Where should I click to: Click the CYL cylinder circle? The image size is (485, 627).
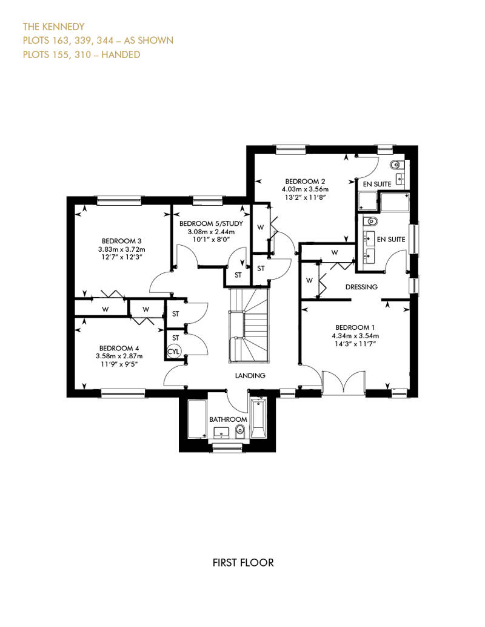point(174,352)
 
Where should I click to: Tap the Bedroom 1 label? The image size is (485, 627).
point(355,327)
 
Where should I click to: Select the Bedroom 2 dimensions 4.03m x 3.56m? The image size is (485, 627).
point(305,189)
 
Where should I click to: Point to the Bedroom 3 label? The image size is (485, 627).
point(121,241)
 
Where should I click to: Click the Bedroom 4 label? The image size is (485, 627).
point(119,348)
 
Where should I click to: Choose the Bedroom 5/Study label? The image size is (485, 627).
point(211,223)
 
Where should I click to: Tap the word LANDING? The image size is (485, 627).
point(250,375)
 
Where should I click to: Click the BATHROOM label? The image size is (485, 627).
point(229,419)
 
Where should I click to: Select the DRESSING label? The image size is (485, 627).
point(361,287)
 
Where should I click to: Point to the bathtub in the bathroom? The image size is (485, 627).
point(258,418)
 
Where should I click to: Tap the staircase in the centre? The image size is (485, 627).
point(249,325)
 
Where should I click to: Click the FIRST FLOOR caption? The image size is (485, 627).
point(243,563)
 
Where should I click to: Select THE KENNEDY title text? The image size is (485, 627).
point(54,27)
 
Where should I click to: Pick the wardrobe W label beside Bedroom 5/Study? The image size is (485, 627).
point(261,228)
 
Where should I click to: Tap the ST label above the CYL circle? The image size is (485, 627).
point(175,338)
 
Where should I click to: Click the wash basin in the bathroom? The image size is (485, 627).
point(221,433)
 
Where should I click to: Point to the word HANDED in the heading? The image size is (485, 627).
point(121,54)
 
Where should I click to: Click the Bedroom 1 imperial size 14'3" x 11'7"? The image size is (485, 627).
point(355,344)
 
